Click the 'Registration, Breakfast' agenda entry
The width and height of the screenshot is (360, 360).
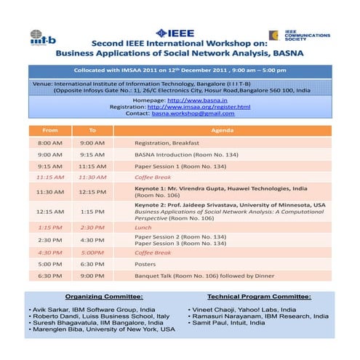tap(167, 143)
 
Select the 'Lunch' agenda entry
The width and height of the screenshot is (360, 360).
tap(143, 227)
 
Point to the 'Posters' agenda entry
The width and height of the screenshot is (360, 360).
tap(146, 264)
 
